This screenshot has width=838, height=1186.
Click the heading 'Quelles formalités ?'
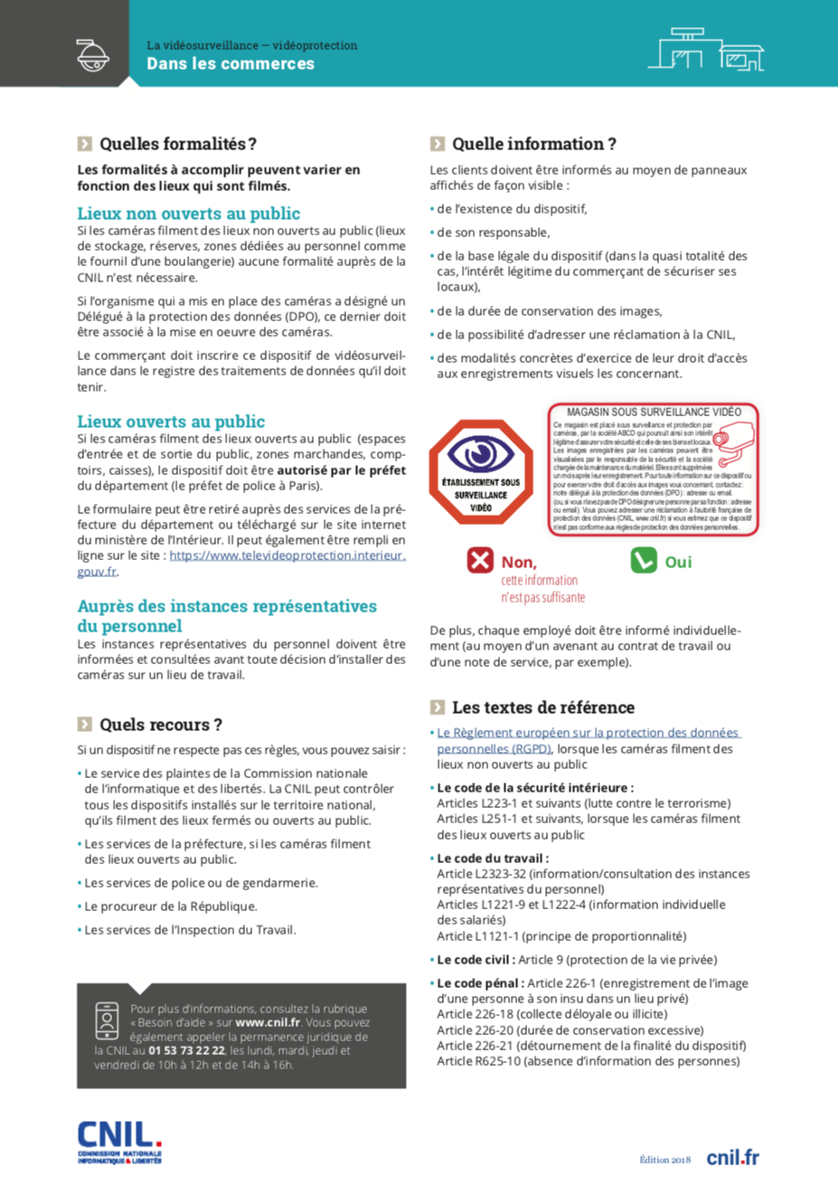pyautogui.click(x=177, y=144)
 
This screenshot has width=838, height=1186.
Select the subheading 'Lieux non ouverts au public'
pyautogui.click(x=188, y=213)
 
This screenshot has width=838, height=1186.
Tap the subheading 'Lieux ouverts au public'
pyautogui.click(x=171, y=422)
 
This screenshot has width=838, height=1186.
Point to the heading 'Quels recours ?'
pyautogui.click(x=160, y=725)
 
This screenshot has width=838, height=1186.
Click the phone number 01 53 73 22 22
pyautogui.click(x=187, y=1050)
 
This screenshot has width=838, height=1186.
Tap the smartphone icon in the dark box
pyautogui.click(x=107, y=1020)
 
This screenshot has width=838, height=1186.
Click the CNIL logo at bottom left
pyautogui.click(x=119, y=1142)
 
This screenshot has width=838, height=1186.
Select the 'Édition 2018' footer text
pyautogui.click(x=664, y=1160)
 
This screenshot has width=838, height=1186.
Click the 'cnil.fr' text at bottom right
pyautogui.click(x=732, y=1157)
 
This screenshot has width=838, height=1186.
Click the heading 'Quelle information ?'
pyautogui.click(x=533, y=144)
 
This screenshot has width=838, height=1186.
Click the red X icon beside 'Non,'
pyautogui.click(x=480, y=561)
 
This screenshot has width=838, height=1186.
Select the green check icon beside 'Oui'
pyautogui.click(x=643, y=561)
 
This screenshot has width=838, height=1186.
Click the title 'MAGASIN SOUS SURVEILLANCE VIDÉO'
pyautogui.click(x=653, y=413)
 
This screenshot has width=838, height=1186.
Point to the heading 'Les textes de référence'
pyautogui.click(x=542, y=707)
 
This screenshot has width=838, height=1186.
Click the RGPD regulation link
pyautogui.click(x=588, y=740)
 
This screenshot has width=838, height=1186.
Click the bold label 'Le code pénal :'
pyautogui.click(x=479, y=983)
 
